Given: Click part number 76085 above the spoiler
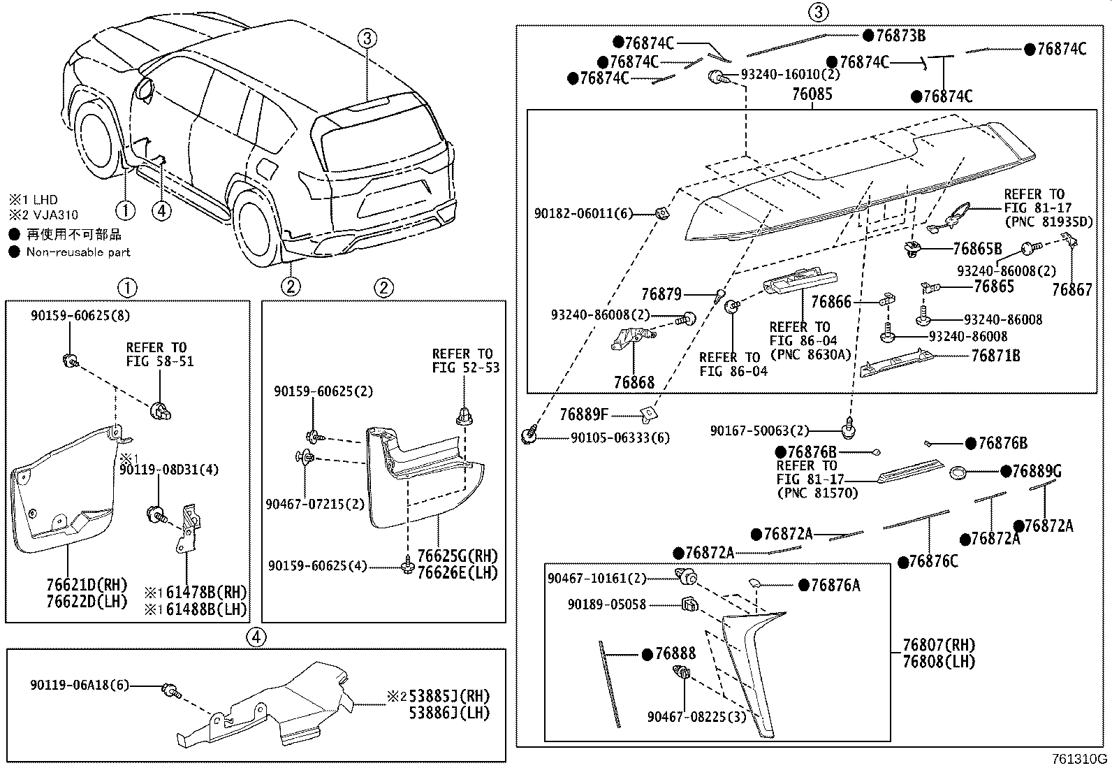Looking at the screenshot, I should coord(812,94).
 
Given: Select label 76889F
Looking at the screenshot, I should coord(584,415).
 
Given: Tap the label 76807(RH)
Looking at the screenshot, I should coord(937,645).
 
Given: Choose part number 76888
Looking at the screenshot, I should coord(675,654).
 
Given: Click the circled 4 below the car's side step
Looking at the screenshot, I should coord(161,210).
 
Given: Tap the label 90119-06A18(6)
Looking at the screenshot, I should coord(80,685).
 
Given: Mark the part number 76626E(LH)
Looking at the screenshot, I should coord(457,573).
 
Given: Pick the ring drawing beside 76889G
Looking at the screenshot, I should coord(958,473).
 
